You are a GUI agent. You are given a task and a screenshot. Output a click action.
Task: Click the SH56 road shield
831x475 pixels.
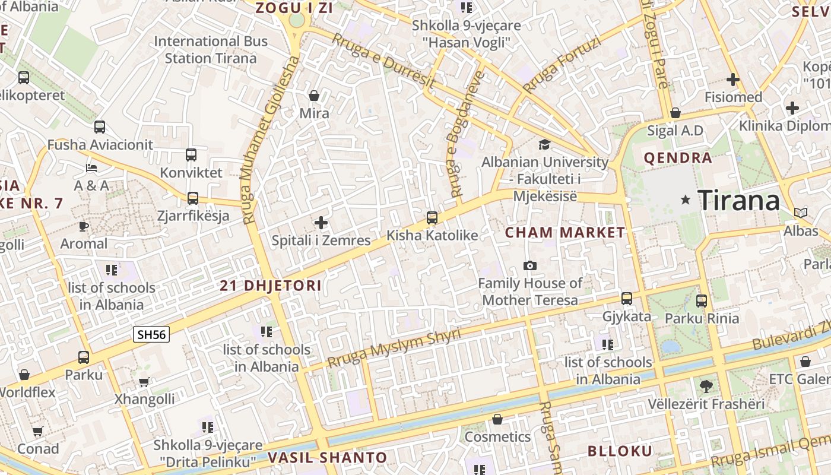click(151, 334)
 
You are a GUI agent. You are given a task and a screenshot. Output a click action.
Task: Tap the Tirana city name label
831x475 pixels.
click(738, 201)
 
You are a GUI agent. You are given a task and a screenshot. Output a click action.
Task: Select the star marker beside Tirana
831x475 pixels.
click(686, 200)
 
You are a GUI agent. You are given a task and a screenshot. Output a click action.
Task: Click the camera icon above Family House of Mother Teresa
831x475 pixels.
click(529, 265)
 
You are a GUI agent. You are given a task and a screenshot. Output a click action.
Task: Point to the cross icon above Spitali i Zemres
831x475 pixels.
click(321, 223)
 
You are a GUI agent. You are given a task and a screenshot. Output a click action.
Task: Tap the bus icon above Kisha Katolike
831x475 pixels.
click(432, 218)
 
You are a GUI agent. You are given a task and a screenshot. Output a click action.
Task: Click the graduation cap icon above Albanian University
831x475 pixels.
click(544, 144)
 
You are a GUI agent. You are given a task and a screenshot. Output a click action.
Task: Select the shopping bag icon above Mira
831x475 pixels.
click(314, 95)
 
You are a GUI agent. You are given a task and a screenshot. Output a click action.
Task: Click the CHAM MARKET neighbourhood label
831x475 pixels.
click(565, 233)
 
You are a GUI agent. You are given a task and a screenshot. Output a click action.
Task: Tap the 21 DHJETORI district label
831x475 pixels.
click(271, 286)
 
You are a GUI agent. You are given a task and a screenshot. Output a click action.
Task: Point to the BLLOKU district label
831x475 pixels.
click(620, 451)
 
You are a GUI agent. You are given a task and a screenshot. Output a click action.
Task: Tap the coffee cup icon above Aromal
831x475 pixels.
click(84, 226)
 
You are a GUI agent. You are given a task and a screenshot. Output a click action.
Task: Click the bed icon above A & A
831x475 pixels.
click(91, 168)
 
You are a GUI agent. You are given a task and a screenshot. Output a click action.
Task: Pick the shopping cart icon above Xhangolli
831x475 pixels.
click(144, 382)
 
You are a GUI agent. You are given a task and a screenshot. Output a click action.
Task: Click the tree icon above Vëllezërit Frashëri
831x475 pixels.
click(706, 387)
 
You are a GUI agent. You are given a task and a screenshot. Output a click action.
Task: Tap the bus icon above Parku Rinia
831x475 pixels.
click(702, 301)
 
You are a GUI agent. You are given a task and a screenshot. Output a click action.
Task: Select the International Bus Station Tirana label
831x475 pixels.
click(211, 50)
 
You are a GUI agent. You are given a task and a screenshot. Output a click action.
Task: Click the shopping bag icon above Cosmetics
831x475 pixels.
click(497, 420)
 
